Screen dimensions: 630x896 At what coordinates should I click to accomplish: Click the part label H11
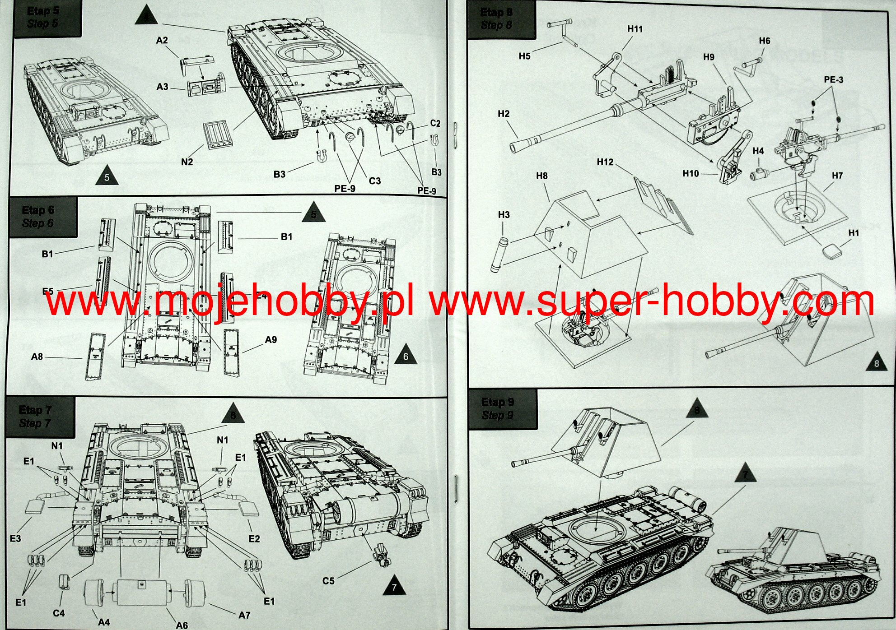[635, 29]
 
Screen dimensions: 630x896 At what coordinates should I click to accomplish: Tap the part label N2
[187, 162]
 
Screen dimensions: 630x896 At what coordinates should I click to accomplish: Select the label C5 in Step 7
[328, 581]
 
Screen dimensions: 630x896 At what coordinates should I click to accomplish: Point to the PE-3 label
[833, 80]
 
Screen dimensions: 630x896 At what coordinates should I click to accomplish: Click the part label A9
[271, 340]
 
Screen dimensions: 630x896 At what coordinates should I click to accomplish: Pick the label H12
[605, 162]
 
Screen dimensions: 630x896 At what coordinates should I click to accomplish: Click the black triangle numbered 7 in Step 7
[394, 586]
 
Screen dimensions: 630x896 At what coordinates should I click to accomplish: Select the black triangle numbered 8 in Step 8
[876, 362]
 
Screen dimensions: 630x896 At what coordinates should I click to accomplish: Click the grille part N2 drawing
[218, 134]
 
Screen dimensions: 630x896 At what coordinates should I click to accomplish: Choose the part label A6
[182, 625]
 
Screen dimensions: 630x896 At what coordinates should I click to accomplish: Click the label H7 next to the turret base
[837, 175]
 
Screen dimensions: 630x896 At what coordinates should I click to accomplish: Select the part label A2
[162, 40]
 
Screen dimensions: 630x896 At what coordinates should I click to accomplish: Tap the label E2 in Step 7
[254, 538]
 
